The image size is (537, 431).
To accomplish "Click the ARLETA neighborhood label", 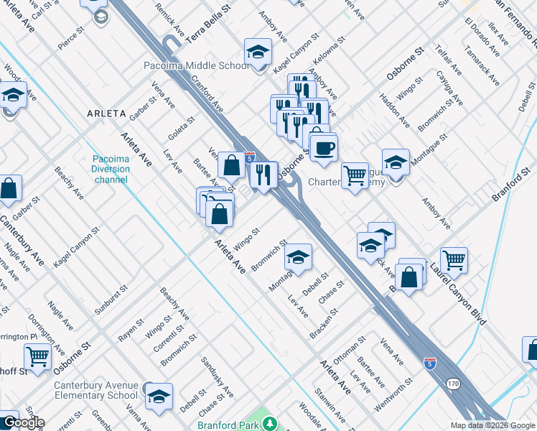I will (x=106, y=113).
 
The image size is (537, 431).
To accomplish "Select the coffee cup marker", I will (x=323, y=148).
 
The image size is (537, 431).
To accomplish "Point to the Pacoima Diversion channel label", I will (x=111, y=169).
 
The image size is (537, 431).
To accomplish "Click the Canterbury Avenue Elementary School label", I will (x=96, y=390).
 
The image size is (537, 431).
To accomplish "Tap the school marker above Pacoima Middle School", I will (x=258, y=52).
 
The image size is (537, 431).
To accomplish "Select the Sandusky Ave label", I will (x=218, y=378).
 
